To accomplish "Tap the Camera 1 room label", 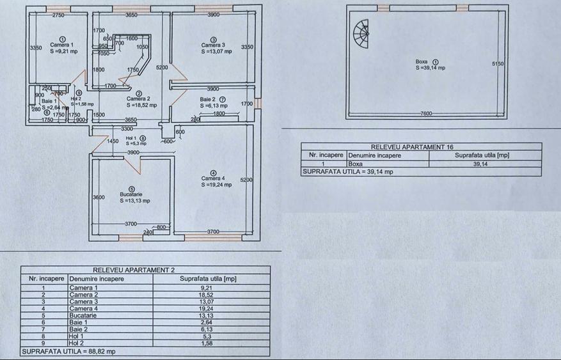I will click(x=62, y=45).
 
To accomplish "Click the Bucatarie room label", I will click(x=131, y=194).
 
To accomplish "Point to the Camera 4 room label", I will click(x=213, y=178).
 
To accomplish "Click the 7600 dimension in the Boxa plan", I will click(x=426, y=113).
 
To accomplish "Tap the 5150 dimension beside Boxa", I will click(x=497, y=63).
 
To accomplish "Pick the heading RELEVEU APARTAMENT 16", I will click(x=421, y=146).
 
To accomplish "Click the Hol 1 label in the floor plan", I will click(x=131, y=138).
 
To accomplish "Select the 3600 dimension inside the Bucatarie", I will click(x=98, y=198).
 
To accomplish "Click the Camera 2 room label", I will click(x=139, y=98).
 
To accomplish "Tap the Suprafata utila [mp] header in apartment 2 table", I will click(x=208, y=279).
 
